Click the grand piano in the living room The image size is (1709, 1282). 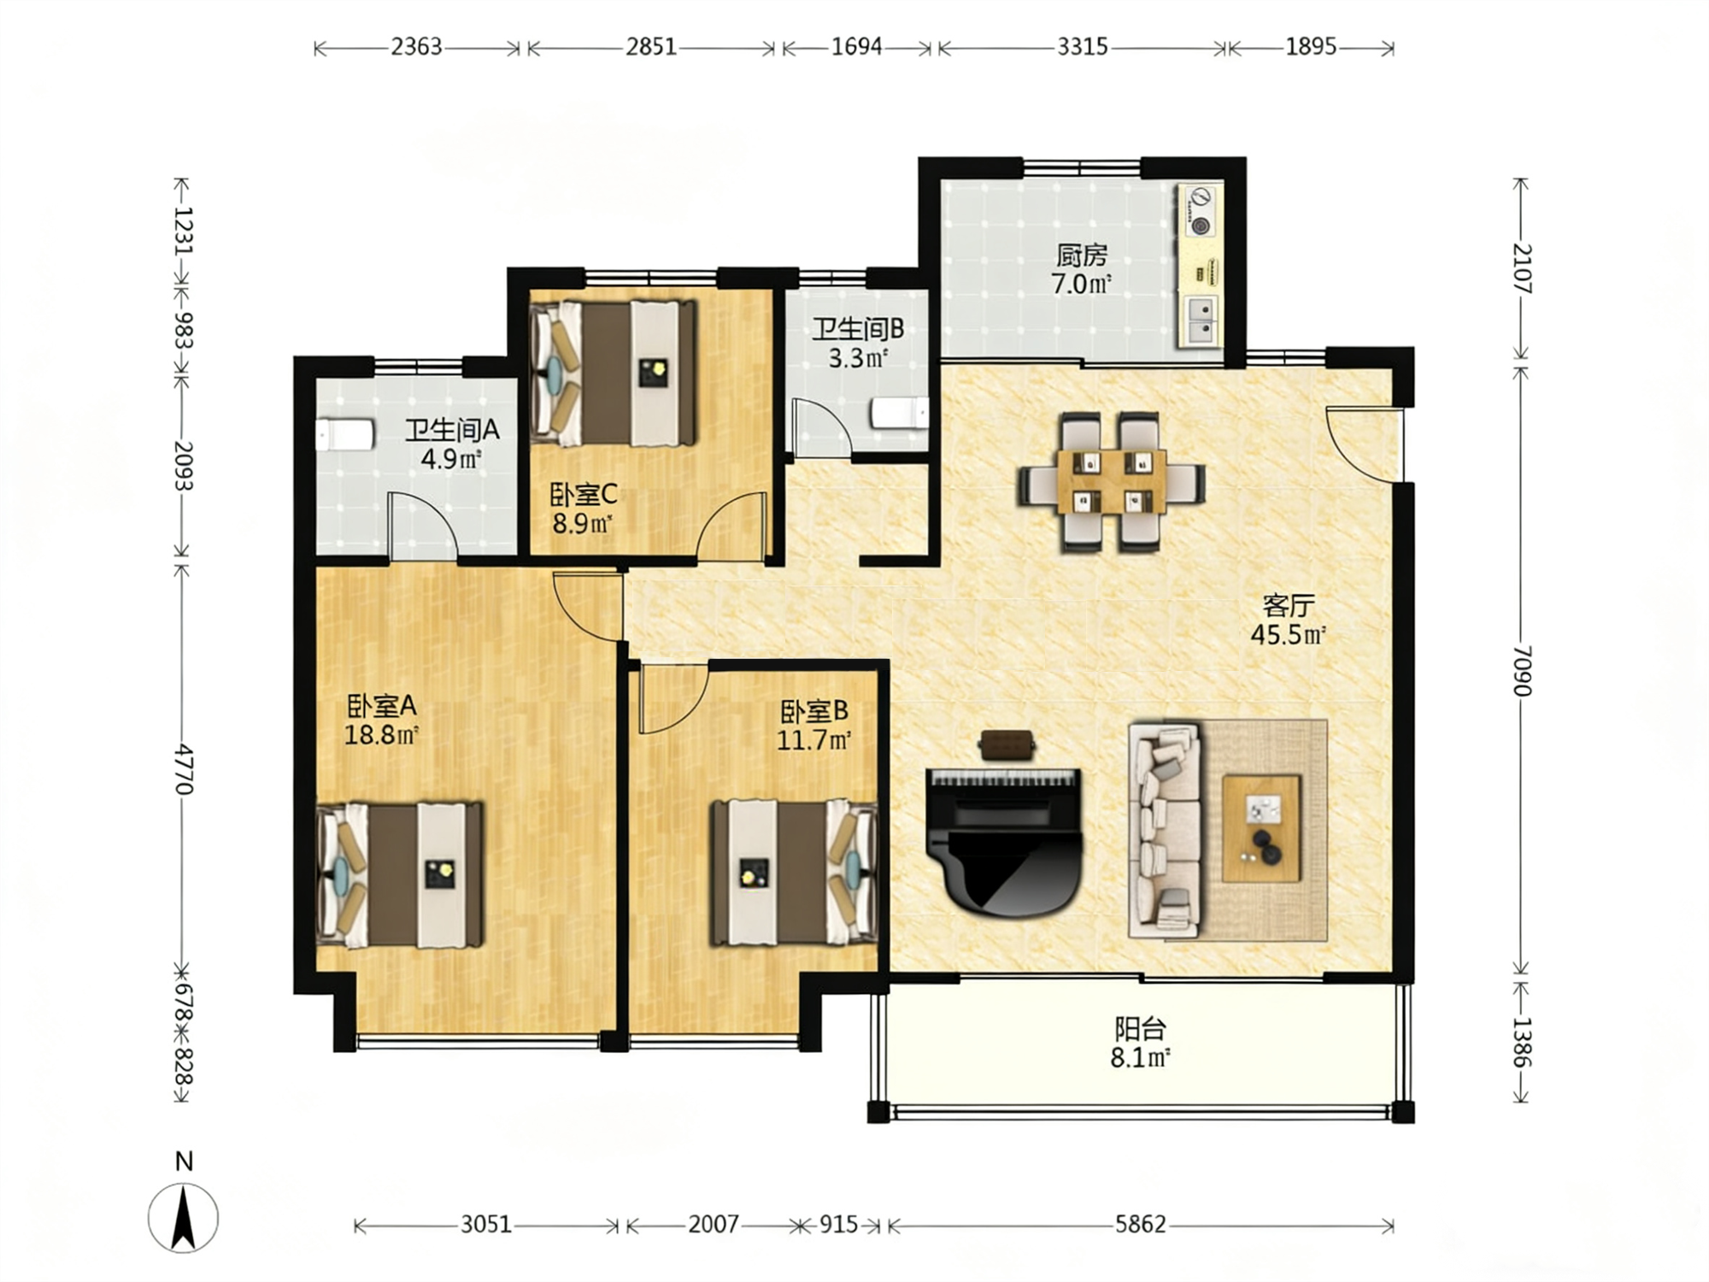1004,842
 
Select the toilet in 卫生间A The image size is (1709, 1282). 345,435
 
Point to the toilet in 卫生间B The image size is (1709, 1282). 900,414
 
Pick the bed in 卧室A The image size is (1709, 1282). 400,875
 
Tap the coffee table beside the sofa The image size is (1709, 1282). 1261,828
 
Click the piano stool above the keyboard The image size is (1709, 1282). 1007,744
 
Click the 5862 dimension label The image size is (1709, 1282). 1140,1225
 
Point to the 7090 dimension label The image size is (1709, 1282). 1522,671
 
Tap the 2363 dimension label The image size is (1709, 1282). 416,46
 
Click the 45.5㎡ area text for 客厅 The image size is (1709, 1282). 1288,635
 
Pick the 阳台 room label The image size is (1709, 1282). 1140,1028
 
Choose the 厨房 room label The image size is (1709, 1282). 1082,255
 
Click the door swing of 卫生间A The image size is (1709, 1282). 422,525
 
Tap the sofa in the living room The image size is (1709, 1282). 1166,830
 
